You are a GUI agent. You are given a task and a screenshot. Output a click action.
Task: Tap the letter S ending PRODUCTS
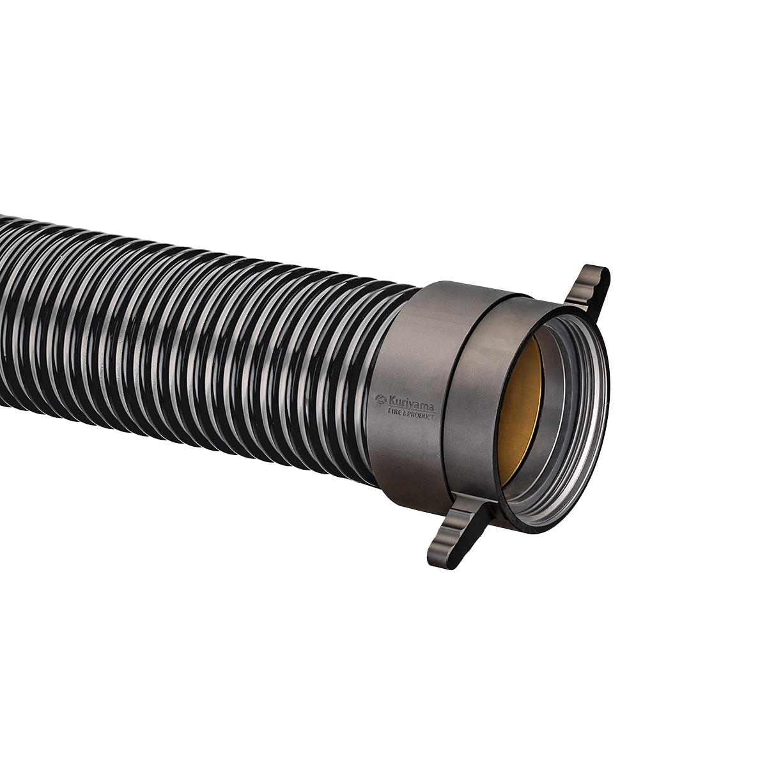435,417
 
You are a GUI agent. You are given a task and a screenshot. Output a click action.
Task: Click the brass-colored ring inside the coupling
521,409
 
